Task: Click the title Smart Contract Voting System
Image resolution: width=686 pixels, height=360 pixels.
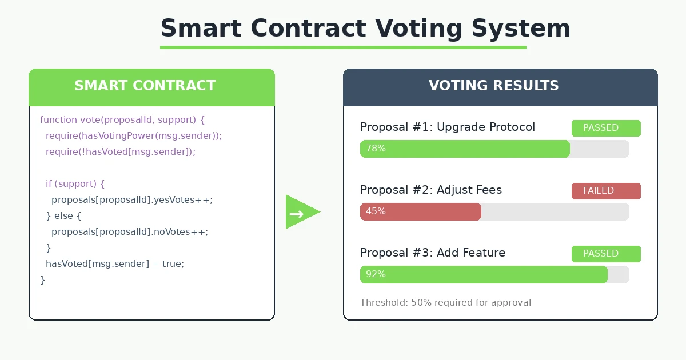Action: click(x=365, y=29)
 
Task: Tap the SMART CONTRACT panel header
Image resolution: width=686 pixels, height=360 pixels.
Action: click(x=145, y=86)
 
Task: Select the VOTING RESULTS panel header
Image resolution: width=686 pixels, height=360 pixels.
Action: click(x=494, y=86)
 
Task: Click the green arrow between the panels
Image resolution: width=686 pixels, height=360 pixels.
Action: click(x=301, y=212)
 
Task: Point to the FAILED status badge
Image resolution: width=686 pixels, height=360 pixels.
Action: click(x=605, y=191)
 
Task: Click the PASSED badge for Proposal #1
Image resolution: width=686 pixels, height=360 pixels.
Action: click(x=605, y=128)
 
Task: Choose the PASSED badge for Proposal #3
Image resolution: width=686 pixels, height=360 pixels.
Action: click(x=605, y=254)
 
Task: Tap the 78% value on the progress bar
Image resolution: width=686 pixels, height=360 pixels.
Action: click(x=376, y=149)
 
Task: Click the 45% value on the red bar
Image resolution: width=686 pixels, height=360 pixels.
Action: click(x=376, y=211)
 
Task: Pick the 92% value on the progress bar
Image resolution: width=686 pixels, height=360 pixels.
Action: click(x=376, y=274)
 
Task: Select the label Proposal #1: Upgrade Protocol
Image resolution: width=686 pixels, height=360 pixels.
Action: click(x=448, y=127)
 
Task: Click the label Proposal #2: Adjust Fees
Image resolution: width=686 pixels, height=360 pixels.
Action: click(x=431, y=190)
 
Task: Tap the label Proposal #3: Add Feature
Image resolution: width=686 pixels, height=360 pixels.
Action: click(x=433, y=253)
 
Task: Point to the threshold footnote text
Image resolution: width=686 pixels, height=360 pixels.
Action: click(x=445, y=303)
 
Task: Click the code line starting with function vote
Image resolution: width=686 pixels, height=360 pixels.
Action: click(x=122, y=120)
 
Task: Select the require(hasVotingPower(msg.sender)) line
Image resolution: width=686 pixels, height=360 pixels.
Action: click(x=134, y=136)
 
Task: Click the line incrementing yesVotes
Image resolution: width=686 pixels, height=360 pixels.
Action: click(x=132, y=200)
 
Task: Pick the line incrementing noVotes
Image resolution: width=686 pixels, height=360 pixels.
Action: click(x=130, y=232)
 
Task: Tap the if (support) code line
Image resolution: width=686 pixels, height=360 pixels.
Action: click(x=75, y=184)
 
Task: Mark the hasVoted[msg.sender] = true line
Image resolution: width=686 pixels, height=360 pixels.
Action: click(x=115, y=264)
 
